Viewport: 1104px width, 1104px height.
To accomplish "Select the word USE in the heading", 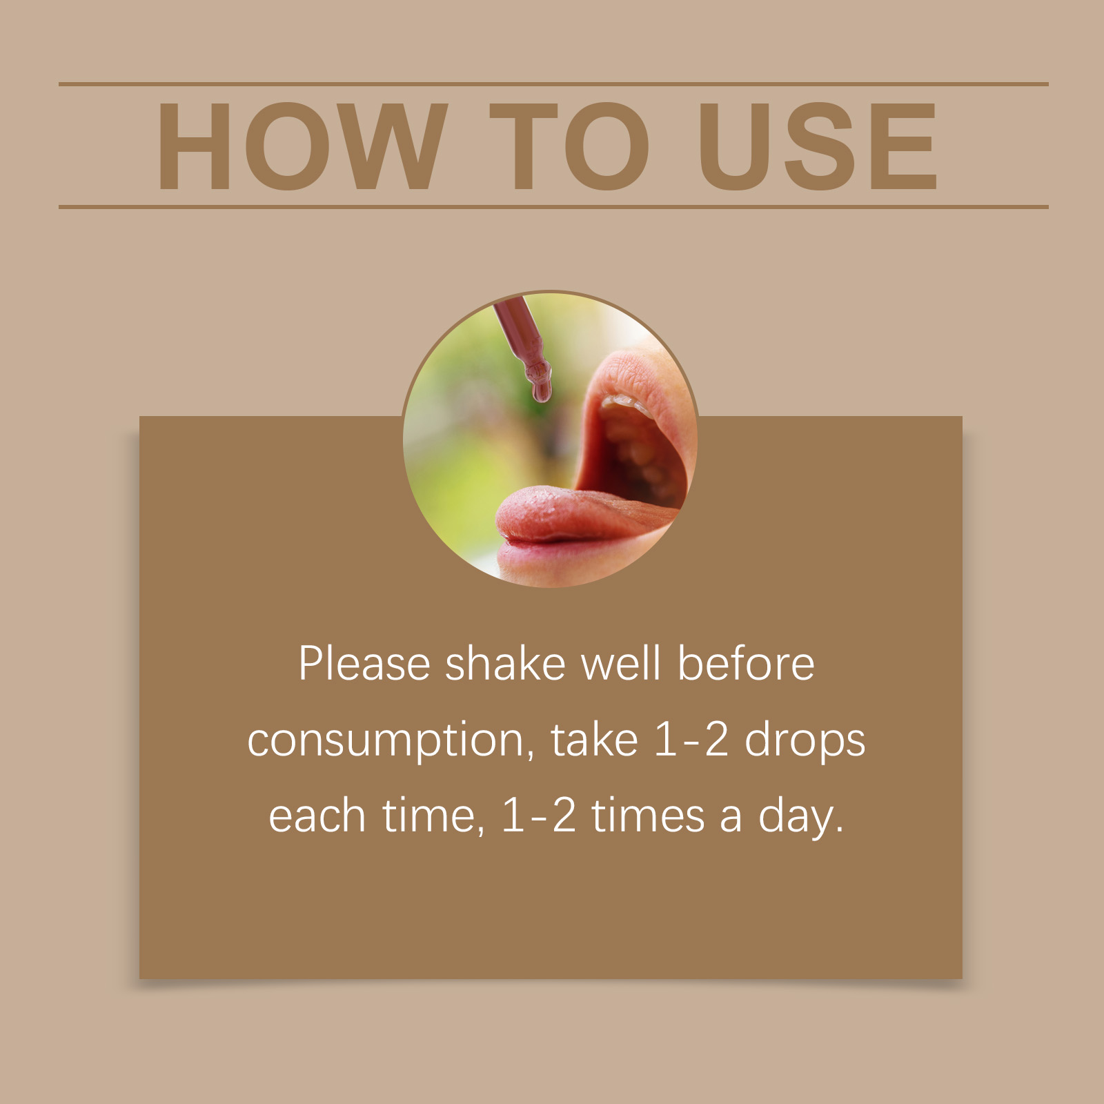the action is (x=818, y=146).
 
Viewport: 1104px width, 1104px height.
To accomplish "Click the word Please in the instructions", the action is (x=364, y=664).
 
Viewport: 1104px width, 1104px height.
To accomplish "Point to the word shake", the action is (x=505, y=664).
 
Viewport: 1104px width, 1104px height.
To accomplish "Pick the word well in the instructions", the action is (x=620, y=664).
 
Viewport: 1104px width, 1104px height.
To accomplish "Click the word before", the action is (x=745, y=664).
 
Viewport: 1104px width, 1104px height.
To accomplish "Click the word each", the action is (x=317, y=816).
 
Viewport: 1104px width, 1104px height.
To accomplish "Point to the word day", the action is (x=801, y=818).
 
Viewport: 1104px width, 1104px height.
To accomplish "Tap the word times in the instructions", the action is (x=648, y=816).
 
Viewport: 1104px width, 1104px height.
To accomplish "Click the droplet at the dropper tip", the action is (x=542, y=391).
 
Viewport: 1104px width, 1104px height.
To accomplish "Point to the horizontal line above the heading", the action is (x=553, y=84).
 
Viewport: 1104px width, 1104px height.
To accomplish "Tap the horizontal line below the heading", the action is (x=553, y=206).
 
